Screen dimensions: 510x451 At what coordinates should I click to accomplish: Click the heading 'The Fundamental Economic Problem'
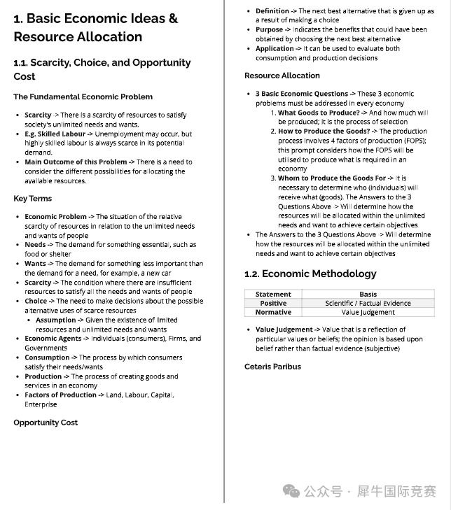(83, 97)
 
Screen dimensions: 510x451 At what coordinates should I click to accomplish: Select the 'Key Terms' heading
(32, 199)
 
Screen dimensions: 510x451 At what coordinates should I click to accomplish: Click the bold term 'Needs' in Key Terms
(35, 245)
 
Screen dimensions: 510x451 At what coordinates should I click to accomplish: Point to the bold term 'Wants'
(36, 264)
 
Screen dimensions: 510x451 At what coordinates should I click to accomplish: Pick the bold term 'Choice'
(36, 302)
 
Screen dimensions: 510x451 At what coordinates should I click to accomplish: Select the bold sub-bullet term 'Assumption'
(55, 320)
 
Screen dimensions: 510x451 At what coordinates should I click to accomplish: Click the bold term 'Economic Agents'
(53, 339)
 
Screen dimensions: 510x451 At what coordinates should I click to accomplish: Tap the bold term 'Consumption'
(47, 357)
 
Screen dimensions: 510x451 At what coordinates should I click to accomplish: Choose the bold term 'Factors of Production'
(60, 395)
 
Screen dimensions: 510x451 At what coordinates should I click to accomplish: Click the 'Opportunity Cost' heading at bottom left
(46, 423)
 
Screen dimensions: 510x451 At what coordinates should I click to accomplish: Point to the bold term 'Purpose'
(269, 30)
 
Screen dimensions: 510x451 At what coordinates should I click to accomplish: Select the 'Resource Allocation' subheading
(282, 76)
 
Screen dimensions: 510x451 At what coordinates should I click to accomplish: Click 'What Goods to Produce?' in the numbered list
(319, 113)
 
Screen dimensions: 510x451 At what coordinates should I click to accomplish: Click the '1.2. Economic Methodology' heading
(310, 274)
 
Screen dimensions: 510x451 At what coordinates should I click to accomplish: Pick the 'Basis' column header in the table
(368, 295)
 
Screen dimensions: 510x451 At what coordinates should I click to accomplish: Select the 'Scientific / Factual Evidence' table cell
(368, 304)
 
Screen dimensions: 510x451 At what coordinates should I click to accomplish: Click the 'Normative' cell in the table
(273, 312)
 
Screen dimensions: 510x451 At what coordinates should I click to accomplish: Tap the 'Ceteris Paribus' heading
(272, 367)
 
